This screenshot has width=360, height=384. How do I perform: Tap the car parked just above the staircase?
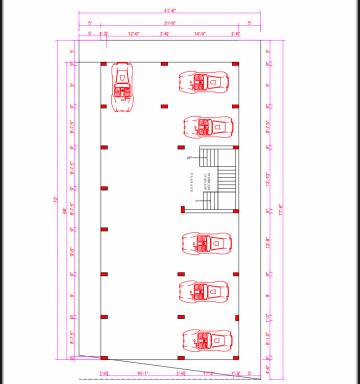(x=207, y=127)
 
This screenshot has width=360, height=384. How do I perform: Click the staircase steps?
(x=218, y=178)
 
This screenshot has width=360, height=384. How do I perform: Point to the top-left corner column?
(x=104, y=64)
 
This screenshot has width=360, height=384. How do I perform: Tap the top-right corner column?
(x=234, y=64)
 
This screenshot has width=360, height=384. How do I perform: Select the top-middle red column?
(x=164, y=64)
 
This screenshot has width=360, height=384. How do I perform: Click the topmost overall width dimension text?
(x=169, y=10)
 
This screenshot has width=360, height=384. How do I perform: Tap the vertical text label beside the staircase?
(x=192, y=180)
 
